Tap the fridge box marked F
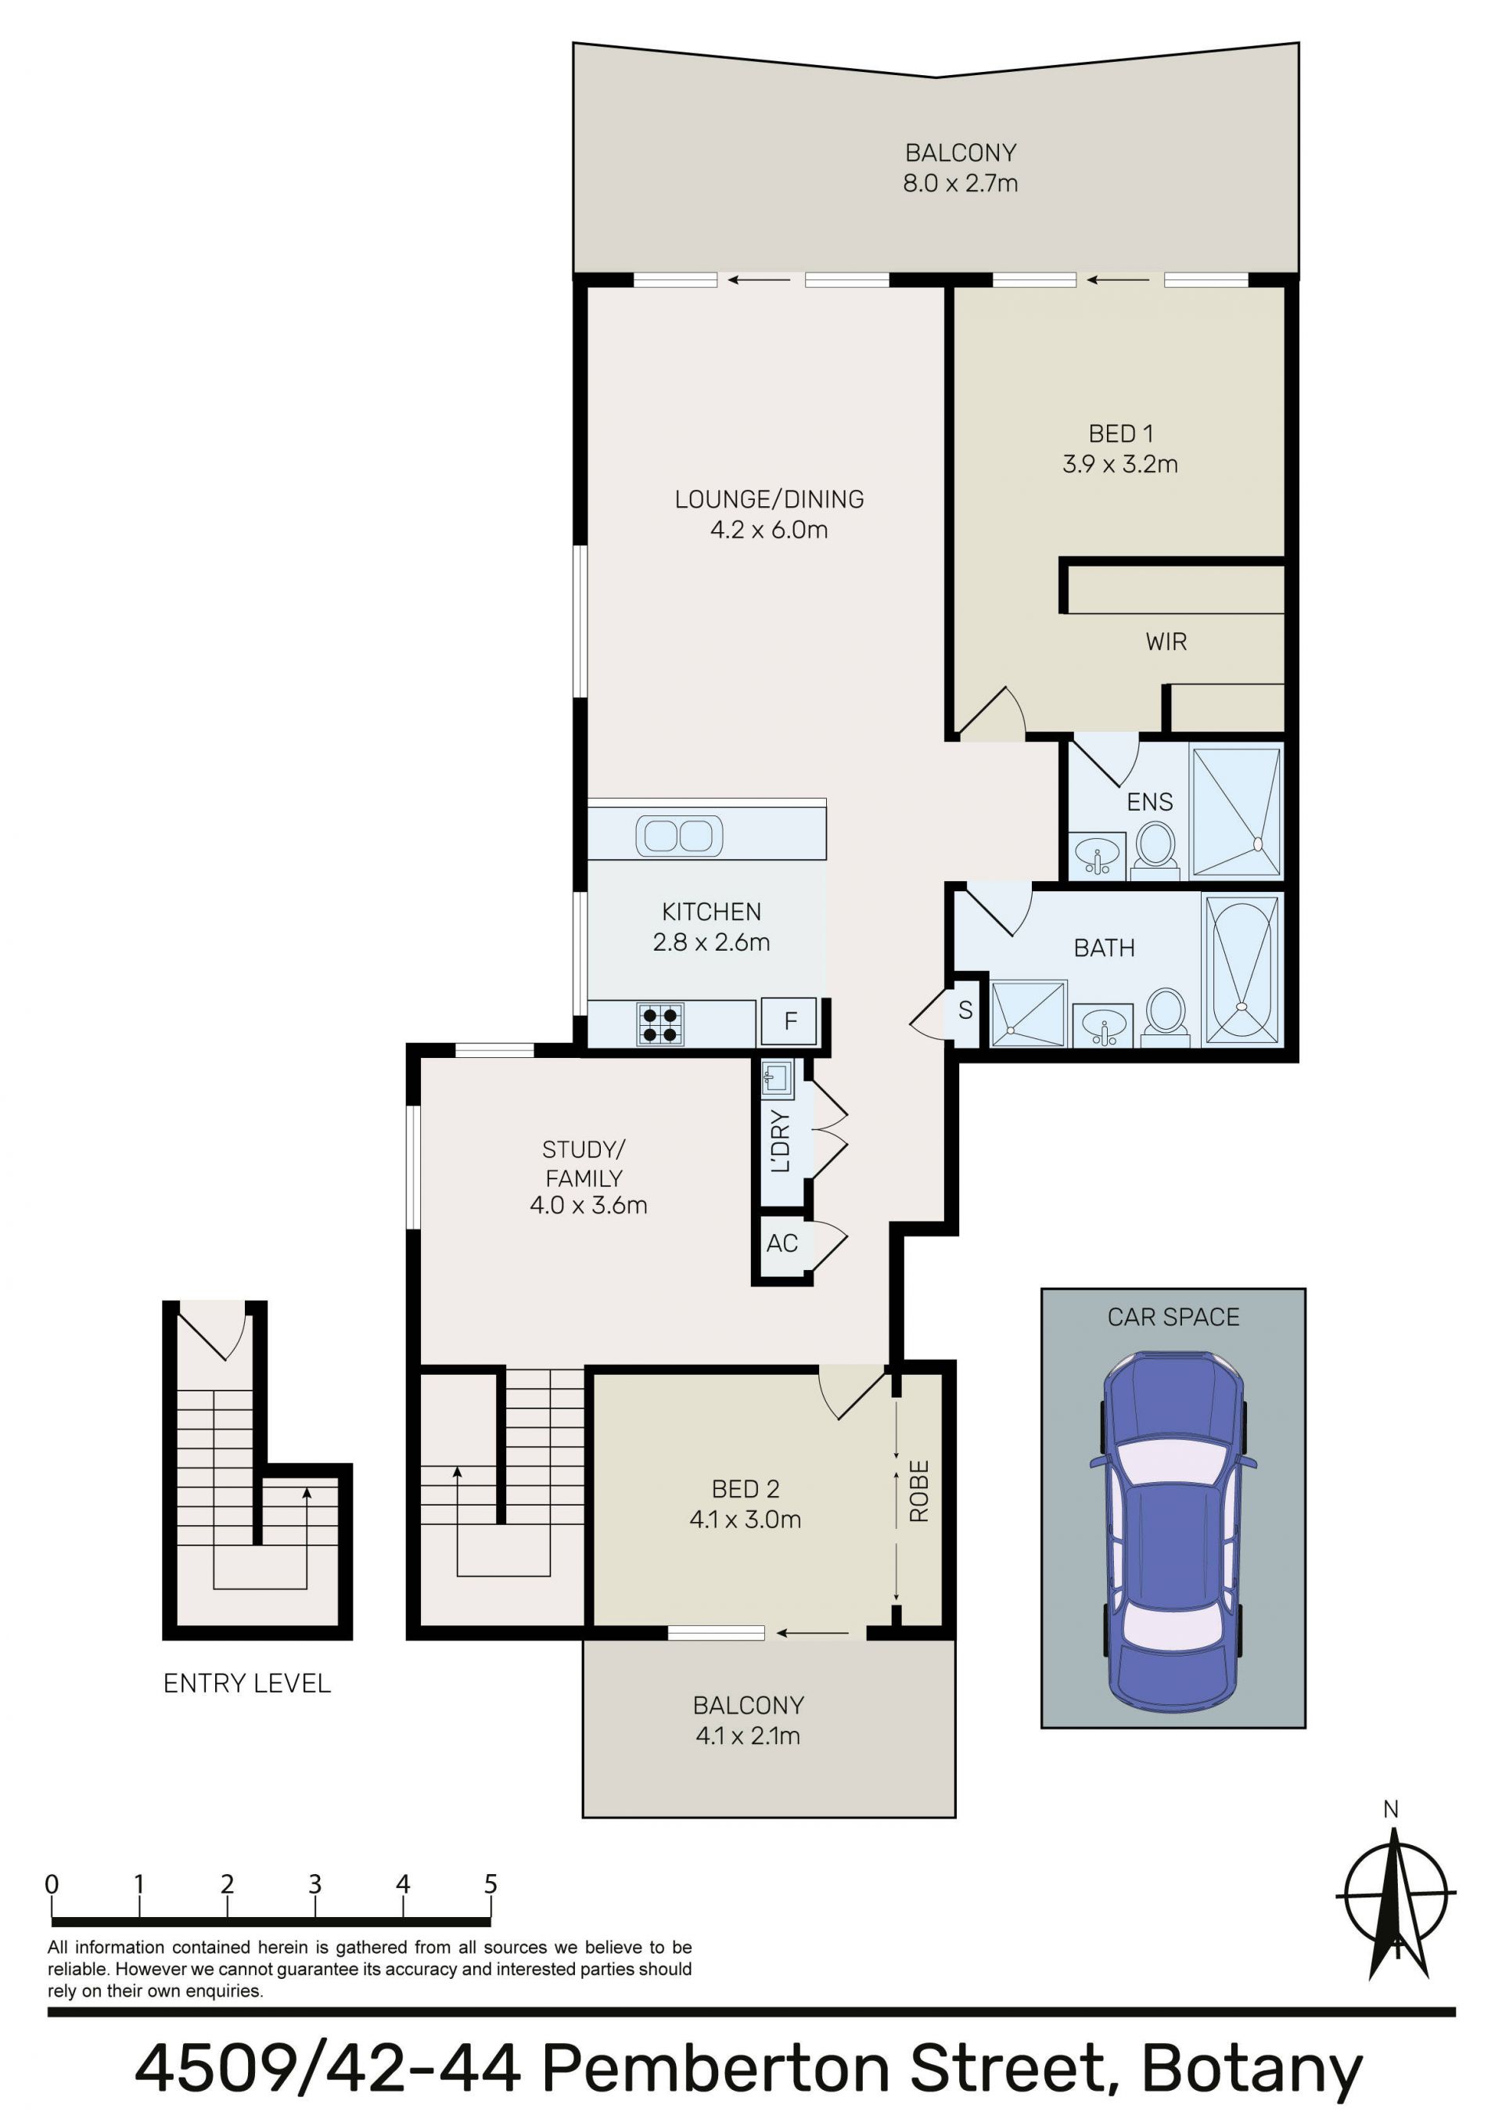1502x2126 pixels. click(x=789, y=1021)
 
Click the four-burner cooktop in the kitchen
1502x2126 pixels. click(x=660, y=1024)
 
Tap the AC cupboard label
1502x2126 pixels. click(x=782, y=1243)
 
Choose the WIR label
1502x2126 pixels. click(x=1166, y=642)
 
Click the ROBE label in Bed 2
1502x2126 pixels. click(x=918, y=1491)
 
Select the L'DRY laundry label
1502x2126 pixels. click(x=781, y=1141)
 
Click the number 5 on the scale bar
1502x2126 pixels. click(x=490, y=1883)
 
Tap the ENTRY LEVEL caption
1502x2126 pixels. click(x=246, y=1683)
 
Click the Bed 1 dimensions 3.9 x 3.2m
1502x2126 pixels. click(x=1119, y=464)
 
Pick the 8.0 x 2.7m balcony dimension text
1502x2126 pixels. click(x=961, y=183)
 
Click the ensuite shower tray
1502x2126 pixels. click(x=1236, y=811)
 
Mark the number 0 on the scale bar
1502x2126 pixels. click(x=52, y=1883)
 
